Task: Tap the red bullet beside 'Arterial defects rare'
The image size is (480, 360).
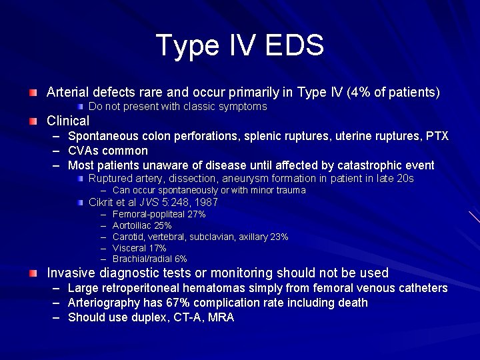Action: point(33,92)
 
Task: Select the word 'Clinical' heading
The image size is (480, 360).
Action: point(67,121)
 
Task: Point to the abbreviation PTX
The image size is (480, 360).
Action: point(437,137)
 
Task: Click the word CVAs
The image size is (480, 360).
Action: point(85,151)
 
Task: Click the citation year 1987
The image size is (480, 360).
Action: point(205,203)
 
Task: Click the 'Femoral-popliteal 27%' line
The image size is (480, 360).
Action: point(159,215)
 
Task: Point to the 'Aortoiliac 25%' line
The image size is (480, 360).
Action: point(142,226)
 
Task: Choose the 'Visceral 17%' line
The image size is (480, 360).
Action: point(139,248)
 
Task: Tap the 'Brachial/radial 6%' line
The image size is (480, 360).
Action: point(149,259)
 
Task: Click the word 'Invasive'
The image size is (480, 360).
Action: point(71,273)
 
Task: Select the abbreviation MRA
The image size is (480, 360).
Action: point(221,317)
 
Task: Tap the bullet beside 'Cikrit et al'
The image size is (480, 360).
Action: point(79,203)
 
